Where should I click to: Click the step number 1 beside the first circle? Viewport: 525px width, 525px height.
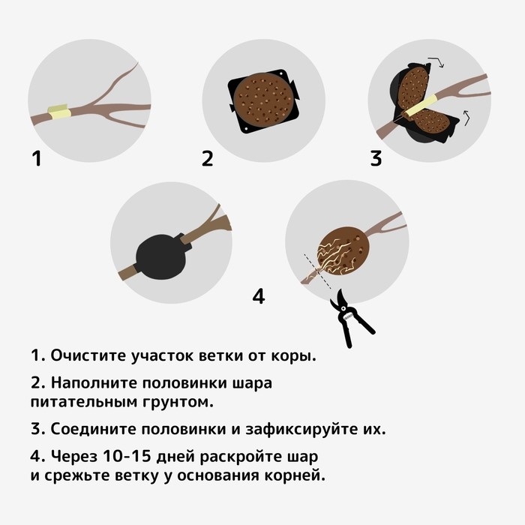pos(36,159)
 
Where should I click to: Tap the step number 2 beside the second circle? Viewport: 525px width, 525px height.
pos(208,159)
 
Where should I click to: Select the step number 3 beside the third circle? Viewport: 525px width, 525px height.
pos(376,159)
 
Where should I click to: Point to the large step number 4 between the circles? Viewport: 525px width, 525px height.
pos(259,296)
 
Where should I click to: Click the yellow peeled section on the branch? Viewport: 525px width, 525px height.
pos(58,113)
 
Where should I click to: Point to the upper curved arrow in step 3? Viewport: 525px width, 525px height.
pos(436,61)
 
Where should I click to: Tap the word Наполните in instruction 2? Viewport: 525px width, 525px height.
pos(94,383)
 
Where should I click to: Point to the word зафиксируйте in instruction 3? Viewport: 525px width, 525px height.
pos(301,430)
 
